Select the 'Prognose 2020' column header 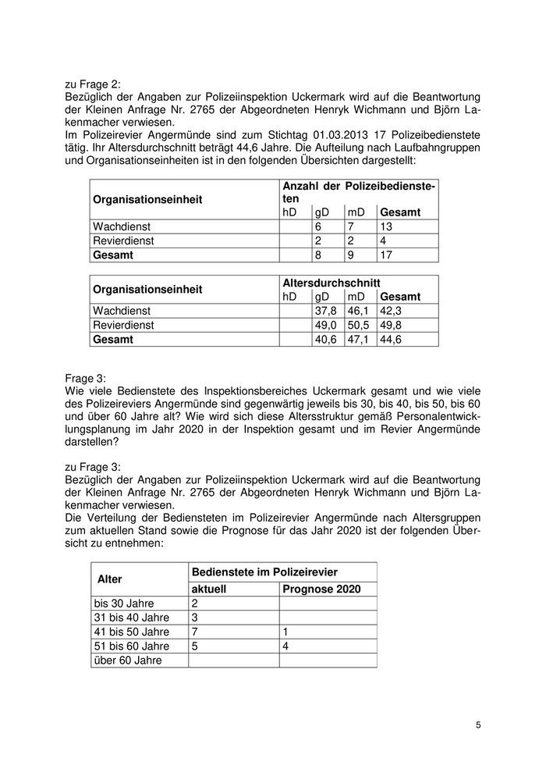[x=321, y=589]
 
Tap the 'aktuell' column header [x=209, y=589]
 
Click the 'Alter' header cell [x=110, y=579]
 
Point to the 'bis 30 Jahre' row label [x=124, y=604]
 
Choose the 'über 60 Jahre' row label [x=128, y=660]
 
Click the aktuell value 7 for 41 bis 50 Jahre [x=195, y=632]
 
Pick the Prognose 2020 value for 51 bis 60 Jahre [x=285, y=646]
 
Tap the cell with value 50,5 [x=357, y=325]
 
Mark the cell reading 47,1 [x=357, y=340]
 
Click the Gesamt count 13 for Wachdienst [x=387, y=226]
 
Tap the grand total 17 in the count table [x=387, y=255]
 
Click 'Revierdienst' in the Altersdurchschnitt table [x=123, y=325]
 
